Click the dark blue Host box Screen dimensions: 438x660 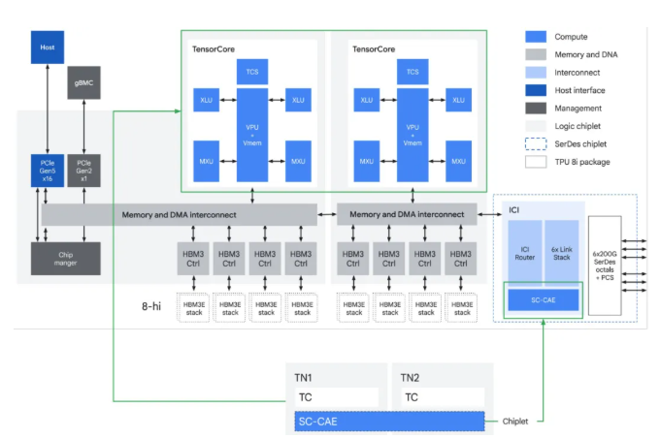48,47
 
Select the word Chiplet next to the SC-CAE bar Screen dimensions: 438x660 517,422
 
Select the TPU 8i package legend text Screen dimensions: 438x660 583,162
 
